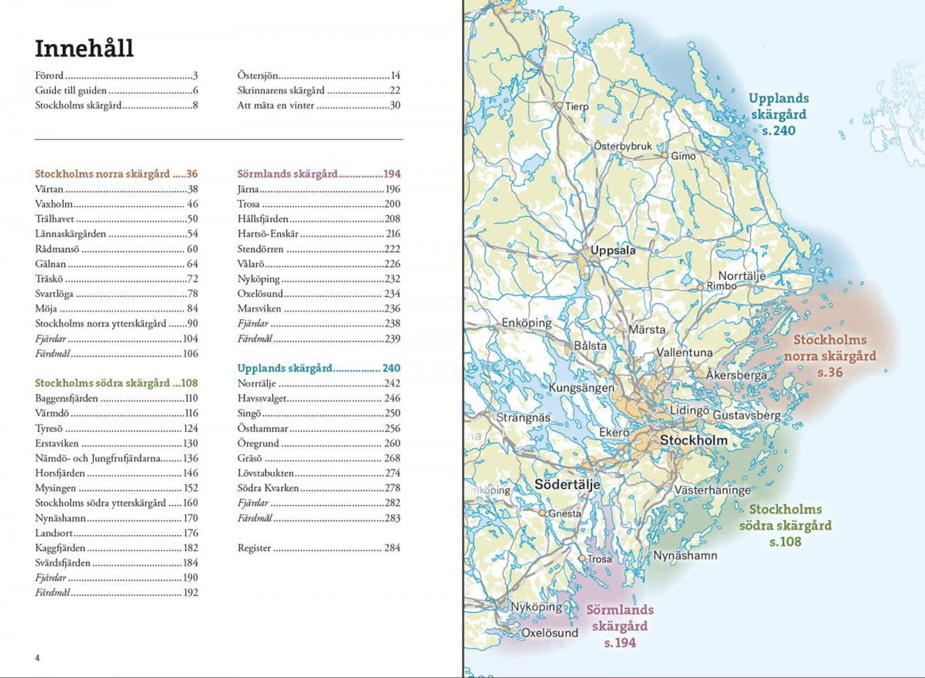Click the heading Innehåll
(84, 48)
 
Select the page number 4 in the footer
(37, 658)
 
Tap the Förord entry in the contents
(50, 76)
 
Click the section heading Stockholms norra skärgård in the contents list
(102, 174)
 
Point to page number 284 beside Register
(392, 548)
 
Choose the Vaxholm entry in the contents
(54, 204)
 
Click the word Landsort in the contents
(54, 533)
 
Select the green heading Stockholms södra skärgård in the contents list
(102, 383)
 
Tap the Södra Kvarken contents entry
(268, 488)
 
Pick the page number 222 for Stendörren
(392, 249)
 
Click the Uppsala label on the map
(613, 250)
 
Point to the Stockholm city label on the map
(694, 440)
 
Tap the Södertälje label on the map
(567, 485)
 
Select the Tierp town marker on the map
(559, 106)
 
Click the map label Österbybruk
(623, 146)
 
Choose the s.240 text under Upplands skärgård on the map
(778, 131)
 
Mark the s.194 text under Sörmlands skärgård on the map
(620, 643)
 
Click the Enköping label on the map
(526, 323)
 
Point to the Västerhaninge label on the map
(712, 490)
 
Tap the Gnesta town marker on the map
(543, 513)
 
